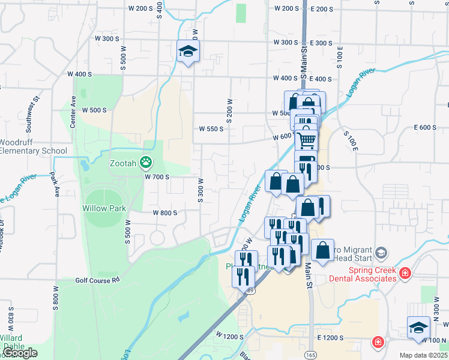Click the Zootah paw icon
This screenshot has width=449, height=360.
[x=145, y=161]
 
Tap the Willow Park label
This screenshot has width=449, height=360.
[x=104, y=209]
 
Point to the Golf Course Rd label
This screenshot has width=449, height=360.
[x=98, y=280]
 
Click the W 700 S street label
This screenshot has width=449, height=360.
[x=157, y=177]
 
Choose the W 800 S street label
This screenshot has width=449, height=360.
[x=164, y=213]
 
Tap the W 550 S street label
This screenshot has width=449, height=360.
[x=211, y=128]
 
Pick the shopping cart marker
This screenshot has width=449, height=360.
[x=306, y=140]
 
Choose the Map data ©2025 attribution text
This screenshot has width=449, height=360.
[x=423, y=355]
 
